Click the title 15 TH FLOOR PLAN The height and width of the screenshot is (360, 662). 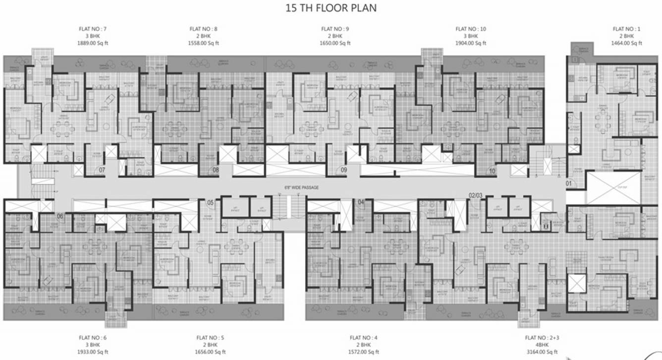click(331, 8)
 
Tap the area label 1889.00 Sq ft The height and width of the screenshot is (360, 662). click(92, 43)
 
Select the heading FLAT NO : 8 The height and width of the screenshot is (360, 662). click(203, 29)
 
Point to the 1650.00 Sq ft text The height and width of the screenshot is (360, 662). click(335, 43)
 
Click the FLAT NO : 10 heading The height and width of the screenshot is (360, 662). click(471, 29)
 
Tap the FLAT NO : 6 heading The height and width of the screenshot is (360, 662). click(93, 338)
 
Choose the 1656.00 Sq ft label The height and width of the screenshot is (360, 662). click(210, 352)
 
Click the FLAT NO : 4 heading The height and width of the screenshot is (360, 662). click(363, 338)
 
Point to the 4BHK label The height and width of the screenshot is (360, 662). click(542, 345)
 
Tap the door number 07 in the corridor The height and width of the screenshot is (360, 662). click(102, 171)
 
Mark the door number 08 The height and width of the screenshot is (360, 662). click(216, 171)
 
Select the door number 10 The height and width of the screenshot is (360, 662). click(492, 172)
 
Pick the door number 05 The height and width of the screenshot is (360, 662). click(211, 202)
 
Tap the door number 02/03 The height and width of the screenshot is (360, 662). click(475, 196)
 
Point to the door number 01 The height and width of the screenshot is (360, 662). click(569, 184)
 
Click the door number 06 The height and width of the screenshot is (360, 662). click(60, 216)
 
